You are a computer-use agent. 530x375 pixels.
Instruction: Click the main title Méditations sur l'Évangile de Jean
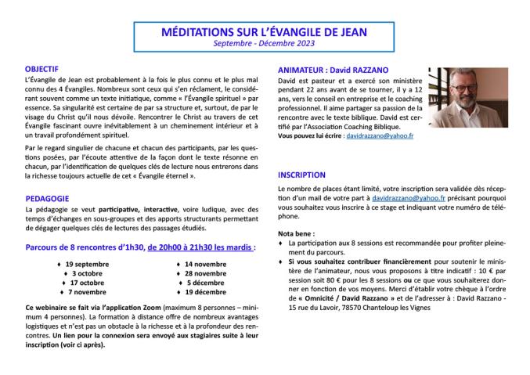point(264,32)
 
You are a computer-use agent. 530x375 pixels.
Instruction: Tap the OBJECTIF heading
point(42,70)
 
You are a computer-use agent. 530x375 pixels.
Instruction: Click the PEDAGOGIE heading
point(45,198)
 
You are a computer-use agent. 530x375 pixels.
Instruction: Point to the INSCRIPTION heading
point(304,175)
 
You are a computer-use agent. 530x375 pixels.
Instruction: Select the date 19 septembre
point(88,264)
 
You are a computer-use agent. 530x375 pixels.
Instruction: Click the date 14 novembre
point(205,264)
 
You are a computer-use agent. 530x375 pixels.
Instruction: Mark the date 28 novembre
point(205,273)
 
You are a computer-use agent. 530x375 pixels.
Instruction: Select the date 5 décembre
point(205,283)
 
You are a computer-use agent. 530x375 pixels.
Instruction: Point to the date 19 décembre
point(205,292)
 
